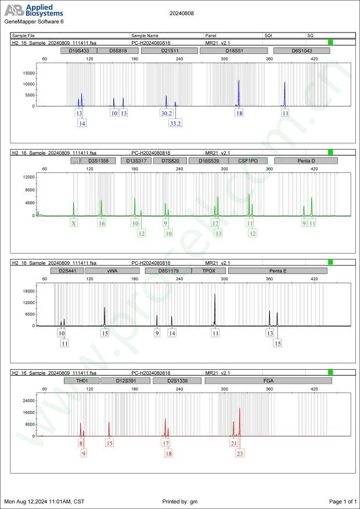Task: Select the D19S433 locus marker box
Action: click(x=78, y=51)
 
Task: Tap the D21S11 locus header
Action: click(x=169, y=51)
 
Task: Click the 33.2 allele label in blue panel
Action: click(x=175, y=124)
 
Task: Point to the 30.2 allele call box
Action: click(x=167, y=113)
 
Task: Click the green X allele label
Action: click(x=74, y=223)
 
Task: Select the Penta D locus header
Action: click(x=302, y=161)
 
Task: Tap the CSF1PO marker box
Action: click(x=248, y=161)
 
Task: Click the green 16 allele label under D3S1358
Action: click(x=102, y=223)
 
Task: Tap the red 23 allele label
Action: click(x=240, y=453)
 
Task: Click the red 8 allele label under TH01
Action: click(x=81, y=443)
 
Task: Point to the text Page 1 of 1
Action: click(x=342, y=501)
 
